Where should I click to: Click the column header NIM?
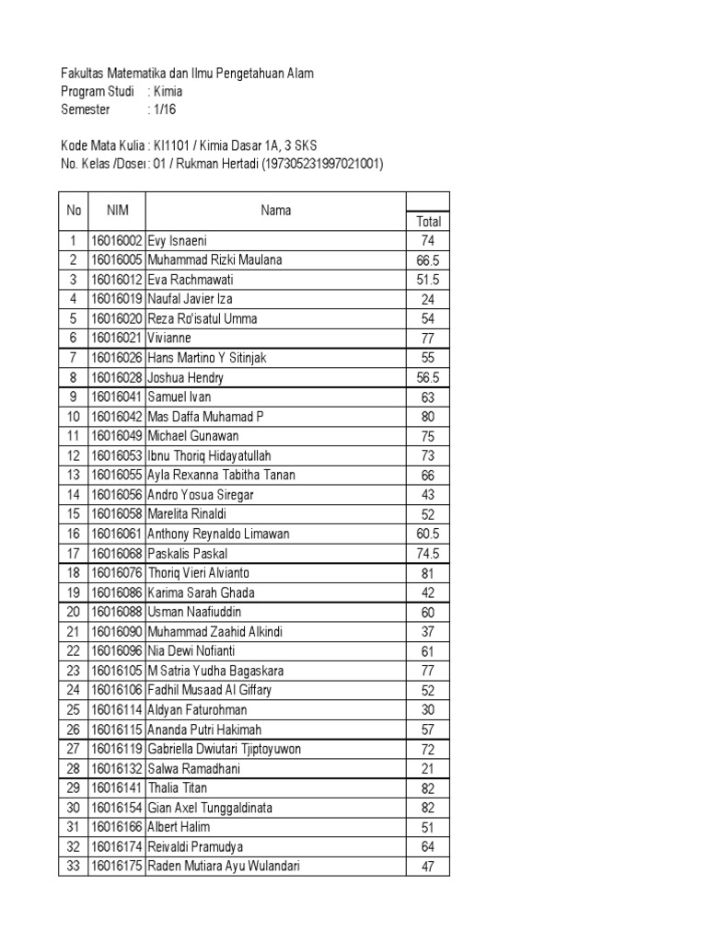coord(117,211)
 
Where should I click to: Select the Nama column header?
coord(275,211)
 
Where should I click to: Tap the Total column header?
coord(428,221)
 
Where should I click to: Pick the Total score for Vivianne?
coord(427,339)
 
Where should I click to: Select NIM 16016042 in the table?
coord(116,417)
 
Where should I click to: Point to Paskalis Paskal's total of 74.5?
coord(427,554)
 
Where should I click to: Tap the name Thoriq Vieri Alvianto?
coord(198,573)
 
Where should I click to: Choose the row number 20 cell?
coord(74,612)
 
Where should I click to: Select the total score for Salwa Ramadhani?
coord(427,768)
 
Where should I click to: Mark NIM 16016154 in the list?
coord(116,808)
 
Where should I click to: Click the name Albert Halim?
coord(180,827)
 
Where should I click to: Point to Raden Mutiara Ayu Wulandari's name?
coord(224,866)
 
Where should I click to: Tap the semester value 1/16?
coord(167,109)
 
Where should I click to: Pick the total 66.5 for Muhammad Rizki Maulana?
coord(427,260)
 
